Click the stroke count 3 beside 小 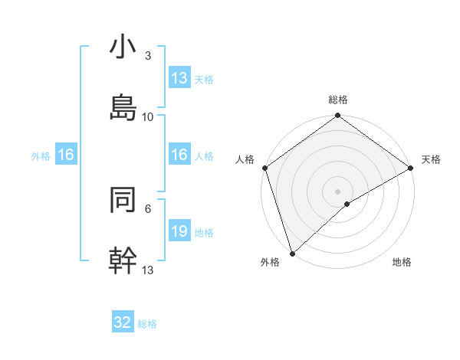148,56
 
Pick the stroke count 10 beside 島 148,116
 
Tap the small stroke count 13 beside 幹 148,270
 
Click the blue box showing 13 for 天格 179,78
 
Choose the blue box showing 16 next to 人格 179,155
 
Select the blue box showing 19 179,231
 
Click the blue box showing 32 123,322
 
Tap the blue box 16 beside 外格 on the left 66,155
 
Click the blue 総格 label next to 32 147,324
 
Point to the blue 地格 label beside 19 204,232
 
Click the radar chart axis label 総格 338,100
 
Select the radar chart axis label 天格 431,159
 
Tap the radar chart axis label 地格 402,262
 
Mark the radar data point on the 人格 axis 264,168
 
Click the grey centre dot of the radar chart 337,191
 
